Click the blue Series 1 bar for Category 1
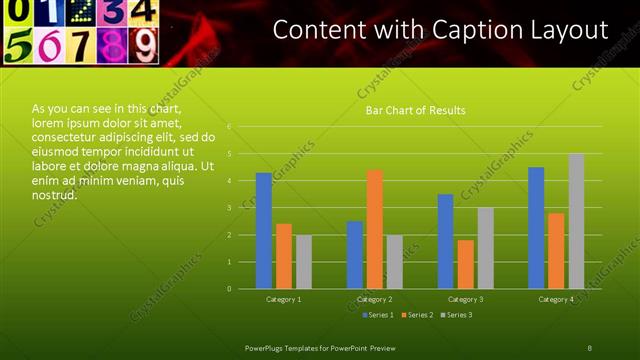point(263,231)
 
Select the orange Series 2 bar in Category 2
point(374,229)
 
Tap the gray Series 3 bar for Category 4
point(576,221)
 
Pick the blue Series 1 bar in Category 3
point(445,241)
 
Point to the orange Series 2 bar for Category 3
point(465,264)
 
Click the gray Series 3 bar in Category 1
point(303,262)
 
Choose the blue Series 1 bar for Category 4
point(536,228)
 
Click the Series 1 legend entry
point(377,315)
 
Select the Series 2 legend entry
point(416,315)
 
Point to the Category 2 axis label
point(374,299)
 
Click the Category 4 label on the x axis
point(556,299)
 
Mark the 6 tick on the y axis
point(230,127)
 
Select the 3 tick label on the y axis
point(230,208)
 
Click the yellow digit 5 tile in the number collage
point(19,46)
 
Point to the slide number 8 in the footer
point(589,346)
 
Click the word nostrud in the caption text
point(54,194)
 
